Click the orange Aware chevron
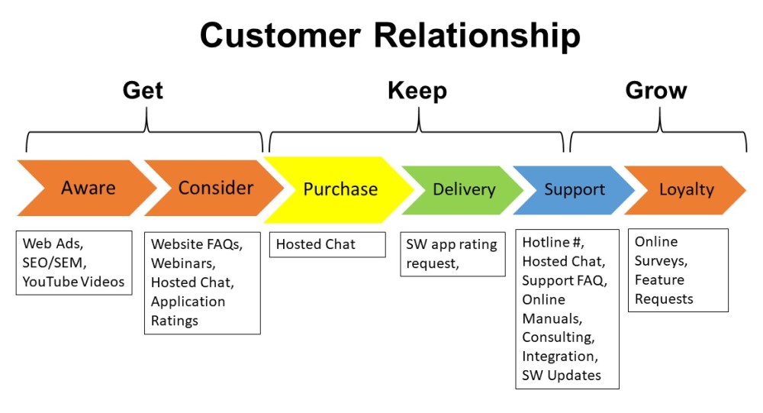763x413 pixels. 88,188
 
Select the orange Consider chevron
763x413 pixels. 215,188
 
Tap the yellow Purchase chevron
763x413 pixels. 340,189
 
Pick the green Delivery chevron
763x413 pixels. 464,189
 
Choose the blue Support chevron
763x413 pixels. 574,189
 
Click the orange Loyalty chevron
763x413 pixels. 686,189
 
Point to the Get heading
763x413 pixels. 143,90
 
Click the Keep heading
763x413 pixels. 417,90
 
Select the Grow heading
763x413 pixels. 656,90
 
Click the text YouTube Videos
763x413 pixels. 73,282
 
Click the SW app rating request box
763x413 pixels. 452,253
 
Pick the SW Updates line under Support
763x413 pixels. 561,375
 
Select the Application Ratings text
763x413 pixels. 188,311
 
